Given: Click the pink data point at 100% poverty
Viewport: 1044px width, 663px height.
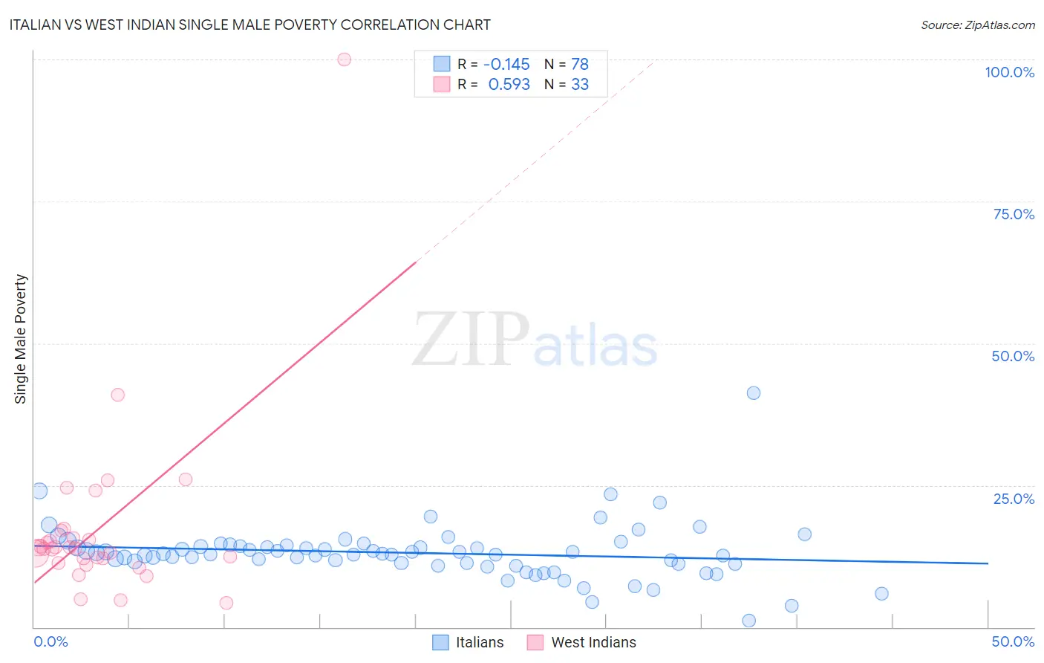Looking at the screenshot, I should click(x=344, y=59).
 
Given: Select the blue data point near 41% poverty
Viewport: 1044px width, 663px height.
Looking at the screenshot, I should click(x=754, y=393).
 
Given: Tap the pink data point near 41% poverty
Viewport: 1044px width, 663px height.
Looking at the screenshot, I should click(x=117, y=395).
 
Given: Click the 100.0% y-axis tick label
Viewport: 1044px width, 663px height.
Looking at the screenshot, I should click(x=1009, y=72).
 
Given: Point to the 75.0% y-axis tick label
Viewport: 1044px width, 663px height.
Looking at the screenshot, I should click(x=1014, y=214).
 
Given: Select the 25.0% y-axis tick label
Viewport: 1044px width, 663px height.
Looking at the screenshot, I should click(x=1014, y=499).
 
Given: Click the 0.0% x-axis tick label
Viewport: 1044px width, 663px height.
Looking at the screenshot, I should click(x=50, y=641).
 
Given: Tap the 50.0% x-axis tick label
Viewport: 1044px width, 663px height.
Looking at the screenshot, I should click(x=1013, y=641).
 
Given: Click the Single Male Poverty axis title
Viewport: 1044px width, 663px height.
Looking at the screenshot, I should click(x=20, y=339).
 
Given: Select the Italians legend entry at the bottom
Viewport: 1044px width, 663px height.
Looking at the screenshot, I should click(x=479, y=642).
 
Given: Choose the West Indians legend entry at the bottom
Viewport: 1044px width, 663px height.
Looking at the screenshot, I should click(x=593, y=642).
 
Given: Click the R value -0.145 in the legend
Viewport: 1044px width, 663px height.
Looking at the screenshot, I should click(x=506, y=64).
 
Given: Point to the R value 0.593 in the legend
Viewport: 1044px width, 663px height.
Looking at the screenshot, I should click(x=509, y=85).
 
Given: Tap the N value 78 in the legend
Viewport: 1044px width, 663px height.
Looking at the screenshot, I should click(x=579, y=64).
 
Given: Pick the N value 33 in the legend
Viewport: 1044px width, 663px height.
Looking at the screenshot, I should click(x=579, y=85).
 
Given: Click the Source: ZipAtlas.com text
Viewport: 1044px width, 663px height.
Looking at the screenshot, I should click(x=977, y=25).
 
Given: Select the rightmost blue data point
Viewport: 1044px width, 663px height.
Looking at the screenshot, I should click(x=881, y=594).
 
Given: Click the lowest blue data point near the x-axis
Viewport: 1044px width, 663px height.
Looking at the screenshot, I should click(x=748, y=621).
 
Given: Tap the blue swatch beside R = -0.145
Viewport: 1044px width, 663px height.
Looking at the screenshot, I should click(x=442, y=64).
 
